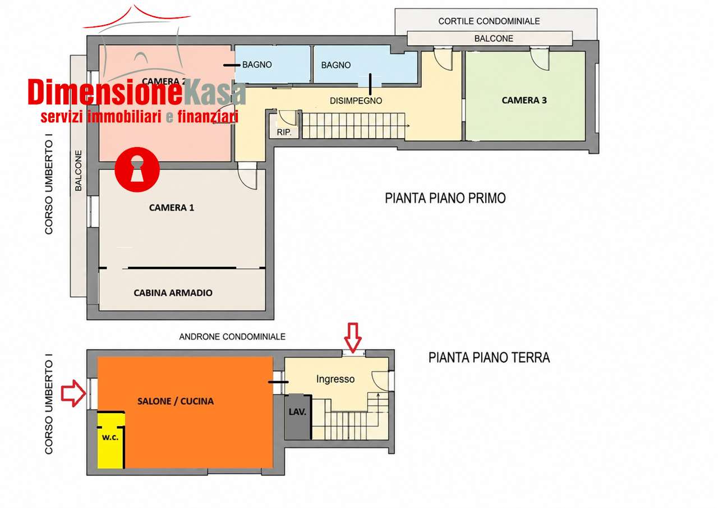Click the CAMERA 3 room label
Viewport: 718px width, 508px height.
(524, 100)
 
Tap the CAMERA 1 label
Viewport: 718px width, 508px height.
(172, 208)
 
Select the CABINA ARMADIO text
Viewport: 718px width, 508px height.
(173, 293)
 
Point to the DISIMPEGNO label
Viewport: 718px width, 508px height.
(356, 100)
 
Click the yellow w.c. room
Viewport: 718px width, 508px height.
(111, 440)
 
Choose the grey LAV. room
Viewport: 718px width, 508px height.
(298, 417)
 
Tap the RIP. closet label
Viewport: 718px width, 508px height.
(284, 132)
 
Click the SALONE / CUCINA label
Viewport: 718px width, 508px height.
(176, 401)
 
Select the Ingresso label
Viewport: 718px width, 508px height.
(335, 379)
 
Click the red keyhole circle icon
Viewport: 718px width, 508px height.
(137, 170)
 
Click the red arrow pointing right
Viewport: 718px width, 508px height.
(73, 393)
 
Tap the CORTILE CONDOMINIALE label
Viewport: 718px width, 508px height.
(489, 21)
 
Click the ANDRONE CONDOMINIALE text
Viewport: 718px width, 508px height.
(232, 337)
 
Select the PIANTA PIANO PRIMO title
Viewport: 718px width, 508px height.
(445, 198)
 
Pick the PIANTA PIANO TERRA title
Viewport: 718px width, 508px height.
(489, 358)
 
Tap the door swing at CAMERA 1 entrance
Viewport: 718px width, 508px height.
(247, 176)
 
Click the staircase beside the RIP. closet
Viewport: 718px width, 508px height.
(354, 126)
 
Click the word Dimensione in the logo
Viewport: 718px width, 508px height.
(105, 93)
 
